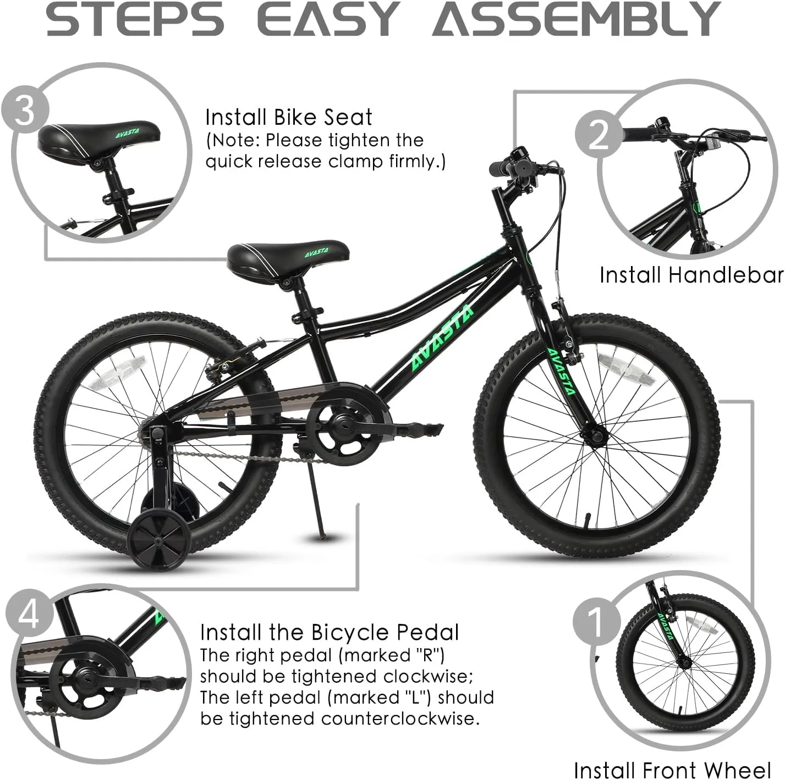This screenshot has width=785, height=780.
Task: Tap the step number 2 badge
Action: click(599, 135)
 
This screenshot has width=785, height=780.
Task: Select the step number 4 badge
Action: click(29, 614)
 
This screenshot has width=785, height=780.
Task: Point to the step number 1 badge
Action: click(596, 622)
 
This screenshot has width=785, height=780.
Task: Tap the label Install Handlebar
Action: click(691, 275)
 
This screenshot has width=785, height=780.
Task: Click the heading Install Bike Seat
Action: click(288, 117)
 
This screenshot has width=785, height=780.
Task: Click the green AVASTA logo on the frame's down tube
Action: click(442, 338)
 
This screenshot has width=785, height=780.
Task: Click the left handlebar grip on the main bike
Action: click(500, 169)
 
